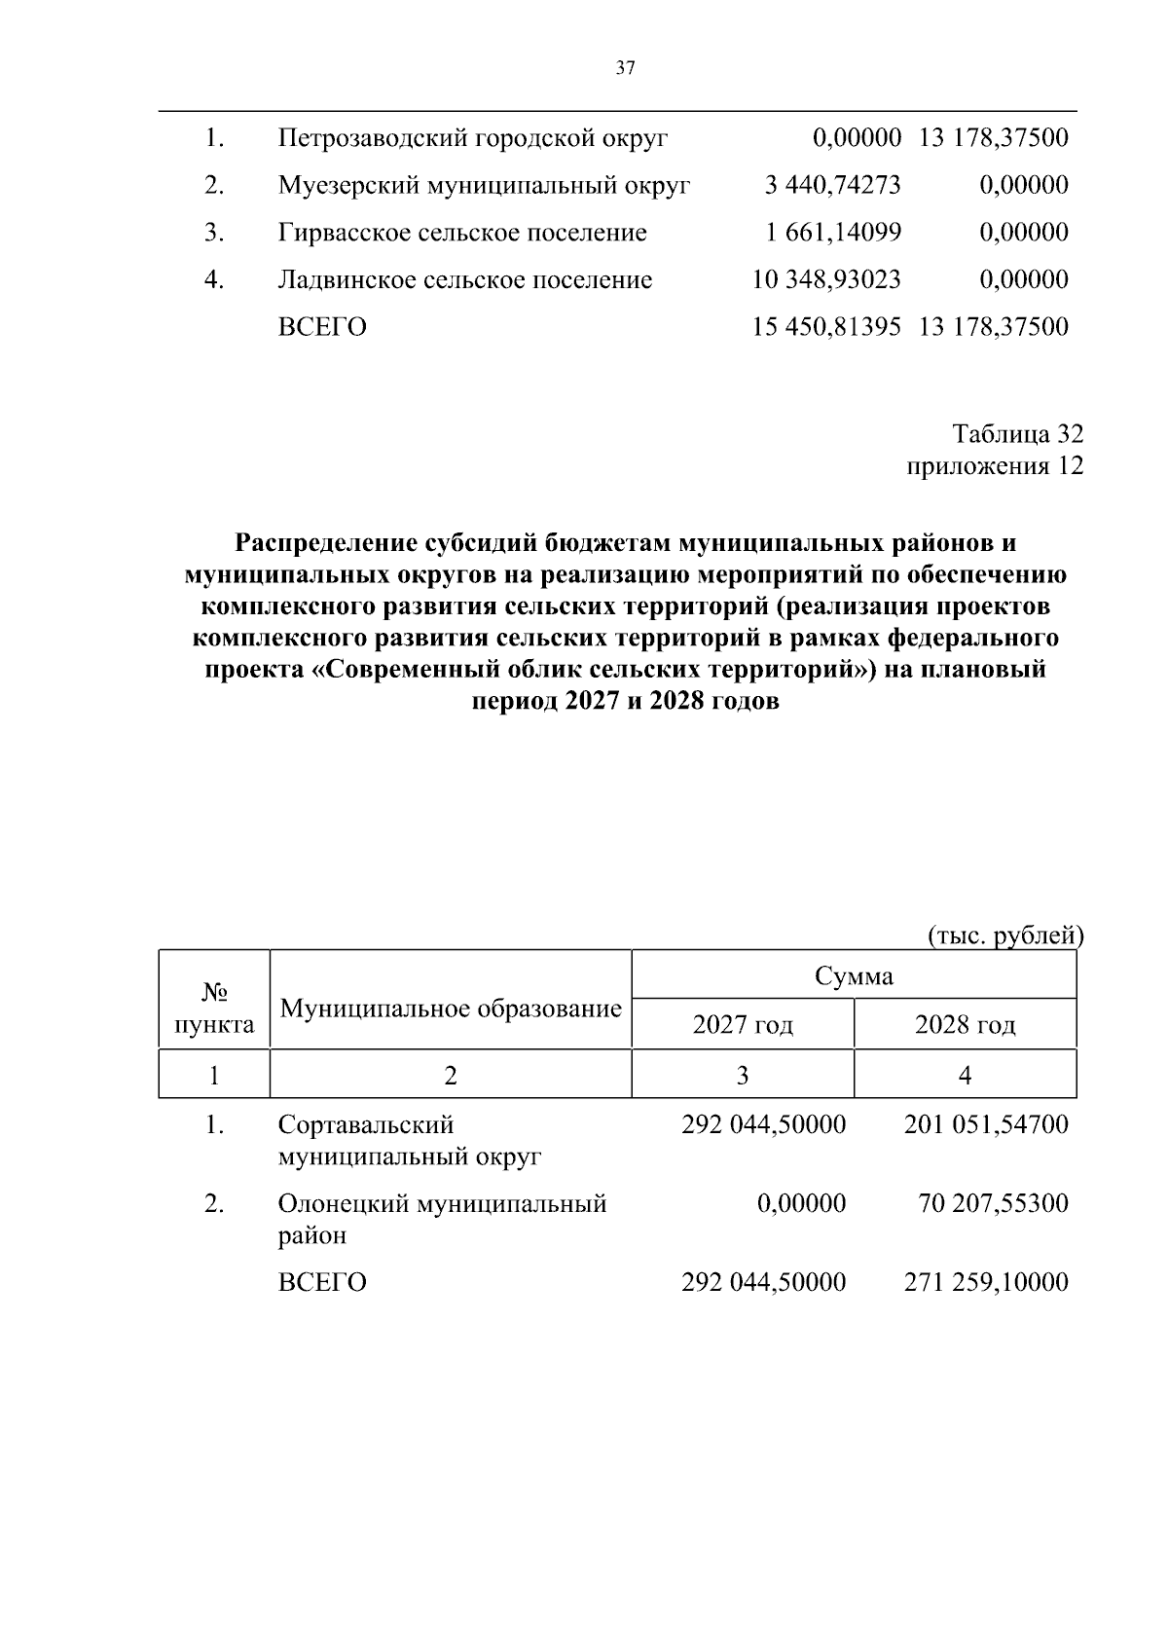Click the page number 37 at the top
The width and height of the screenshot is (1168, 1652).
coord(625,67)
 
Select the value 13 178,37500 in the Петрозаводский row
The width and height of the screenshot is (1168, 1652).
coord(992,138)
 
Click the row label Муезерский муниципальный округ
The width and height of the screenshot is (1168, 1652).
coord(484,185)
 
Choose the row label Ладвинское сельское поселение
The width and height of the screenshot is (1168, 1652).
coord(464,280)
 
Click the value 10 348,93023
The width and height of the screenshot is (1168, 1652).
coord(826,280)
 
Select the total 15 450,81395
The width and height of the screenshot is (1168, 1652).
coord(826,327)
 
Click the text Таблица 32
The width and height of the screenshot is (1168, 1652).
coord(1017,433)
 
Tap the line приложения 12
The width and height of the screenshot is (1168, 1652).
coord(995,466)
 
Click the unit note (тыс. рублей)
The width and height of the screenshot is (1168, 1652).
coord(1004,936)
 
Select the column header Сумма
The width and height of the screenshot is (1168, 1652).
coord(854,975)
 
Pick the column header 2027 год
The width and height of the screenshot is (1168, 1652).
coord(743,1025)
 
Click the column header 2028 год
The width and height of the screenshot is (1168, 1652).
coord(965,1025)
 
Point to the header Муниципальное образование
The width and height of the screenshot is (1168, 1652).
coord(450,1009)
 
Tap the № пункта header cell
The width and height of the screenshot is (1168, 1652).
coord(214,1009)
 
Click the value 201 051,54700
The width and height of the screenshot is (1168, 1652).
coord(986,1125)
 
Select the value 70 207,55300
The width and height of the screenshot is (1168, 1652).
coord(993,1204)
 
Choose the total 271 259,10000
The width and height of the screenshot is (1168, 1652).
coord(986,1282)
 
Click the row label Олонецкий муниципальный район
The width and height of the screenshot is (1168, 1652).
coord(442,1220)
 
